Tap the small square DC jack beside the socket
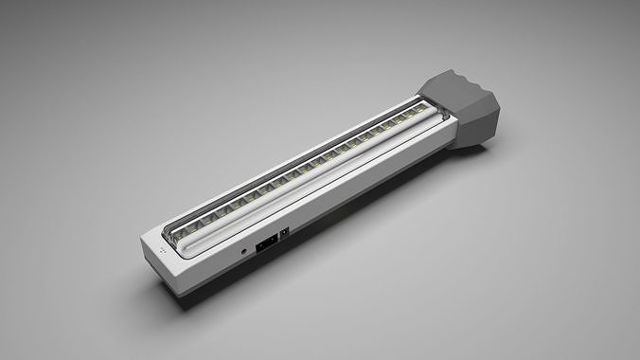point(284,232)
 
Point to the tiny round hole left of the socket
point(245,251)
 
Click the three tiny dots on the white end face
point(161,252)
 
